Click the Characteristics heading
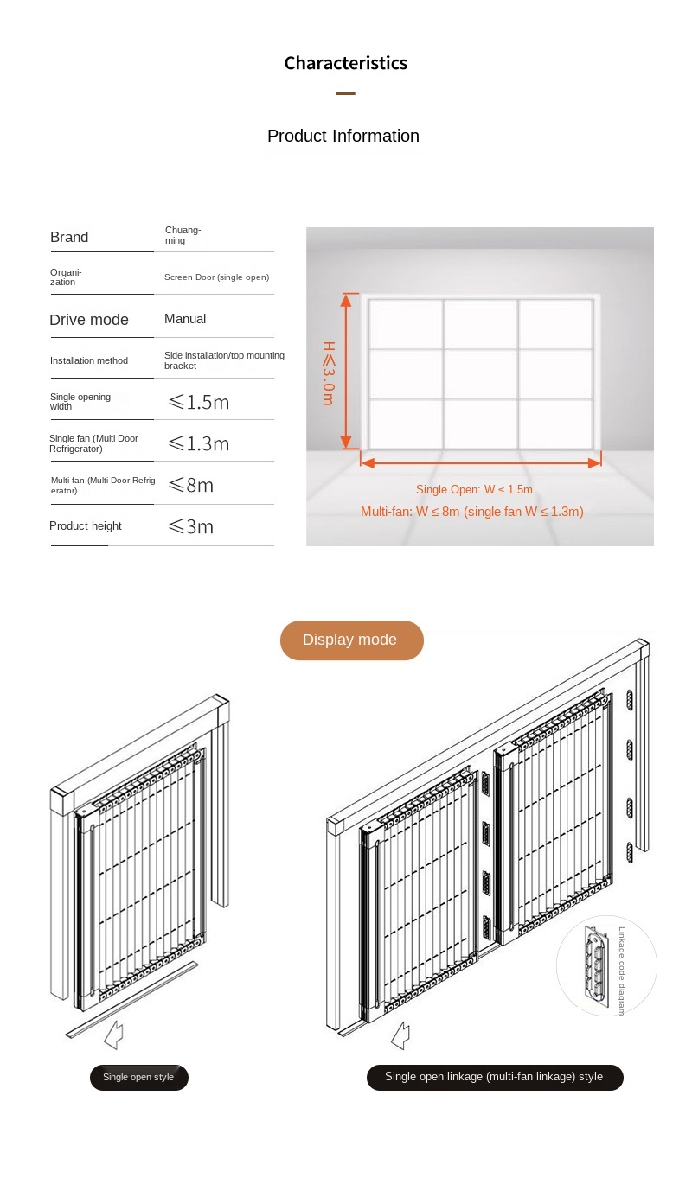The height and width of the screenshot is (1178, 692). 345,63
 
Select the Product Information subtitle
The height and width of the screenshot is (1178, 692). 343,136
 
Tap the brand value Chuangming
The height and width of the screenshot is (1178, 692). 183,235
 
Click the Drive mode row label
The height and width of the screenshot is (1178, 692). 89,320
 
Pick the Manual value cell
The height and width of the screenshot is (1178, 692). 185,319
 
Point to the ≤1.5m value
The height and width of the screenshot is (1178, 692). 198,402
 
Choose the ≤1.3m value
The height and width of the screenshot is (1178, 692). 198,443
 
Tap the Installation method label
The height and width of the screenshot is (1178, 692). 89,360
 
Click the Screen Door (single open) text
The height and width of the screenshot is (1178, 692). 216,277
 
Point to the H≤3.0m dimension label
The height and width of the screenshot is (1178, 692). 329,373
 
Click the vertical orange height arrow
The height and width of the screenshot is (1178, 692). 347,372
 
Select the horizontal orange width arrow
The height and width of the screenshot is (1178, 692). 480,463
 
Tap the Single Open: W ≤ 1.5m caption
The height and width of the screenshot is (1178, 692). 474,490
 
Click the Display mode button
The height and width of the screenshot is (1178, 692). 351,640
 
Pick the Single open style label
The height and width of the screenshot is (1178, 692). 138,1077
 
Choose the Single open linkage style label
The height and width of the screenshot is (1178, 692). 494,1077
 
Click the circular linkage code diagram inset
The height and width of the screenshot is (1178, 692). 605,965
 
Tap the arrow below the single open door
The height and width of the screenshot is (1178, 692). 113,1035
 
